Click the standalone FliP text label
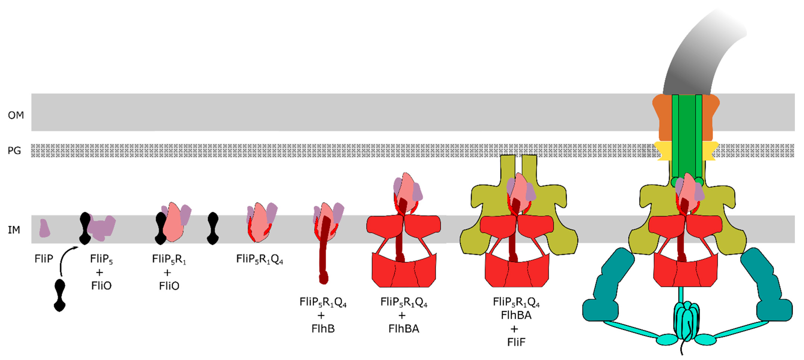pos(44,259)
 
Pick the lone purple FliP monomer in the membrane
pos(44,228)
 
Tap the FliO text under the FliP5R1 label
pos(169,286)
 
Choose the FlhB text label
pos(323,328)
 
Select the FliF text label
pos(516,342)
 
